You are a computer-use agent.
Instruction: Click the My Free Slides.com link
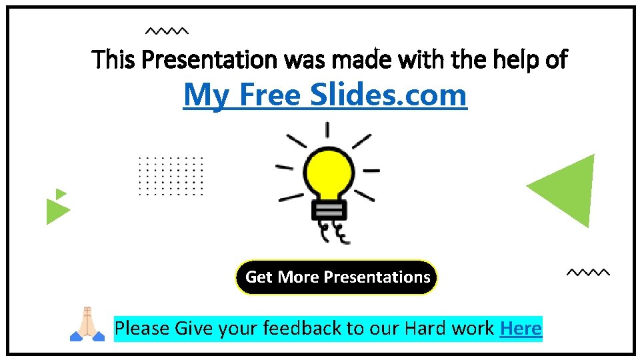325,95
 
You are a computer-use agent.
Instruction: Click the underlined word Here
521,328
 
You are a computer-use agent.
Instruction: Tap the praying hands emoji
87,324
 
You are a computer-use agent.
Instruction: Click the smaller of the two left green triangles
60,194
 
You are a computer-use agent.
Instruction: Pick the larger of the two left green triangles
56,211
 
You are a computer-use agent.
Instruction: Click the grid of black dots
170,176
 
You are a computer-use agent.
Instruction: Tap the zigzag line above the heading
167,31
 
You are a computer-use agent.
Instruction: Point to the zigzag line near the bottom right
587,272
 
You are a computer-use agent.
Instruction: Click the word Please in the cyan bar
142,328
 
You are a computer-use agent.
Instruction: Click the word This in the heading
115,60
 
